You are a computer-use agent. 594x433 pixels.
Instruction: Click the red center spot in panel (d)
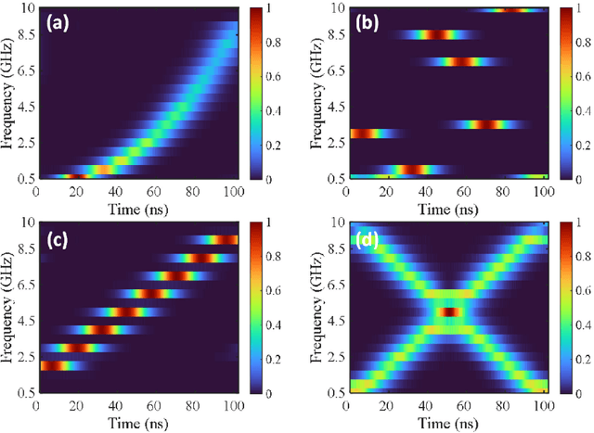pyautogui.click(x=449, y=312)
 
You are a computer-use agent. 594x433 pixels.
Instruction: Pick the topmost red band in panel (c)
pyautogui.click(x=218, y=240)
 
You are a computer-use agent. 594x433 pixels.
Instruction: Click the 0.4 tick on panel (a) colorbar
pyautogui.click(x=274, y=108)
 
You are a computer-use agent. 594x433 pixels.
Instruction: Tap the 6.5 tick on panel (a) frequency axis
pyautogui.click(x=23, y=68)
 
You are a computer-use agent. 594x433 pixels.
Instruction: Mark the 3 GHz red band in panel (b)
pyautogui.click(x=367, y=134)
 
